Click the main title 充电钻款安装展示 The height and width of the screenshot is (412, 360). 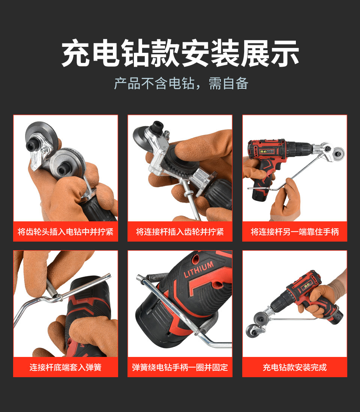180,54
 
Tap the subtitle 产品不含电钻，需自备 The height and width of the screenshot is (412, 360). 181,84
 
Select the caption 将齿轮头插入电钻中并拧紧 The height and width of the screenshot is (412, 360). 66,232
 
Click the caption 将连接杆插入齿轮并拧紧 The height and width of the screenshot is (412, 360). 180,232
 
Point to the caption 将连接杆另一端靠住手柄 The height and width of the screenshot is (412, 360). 295,232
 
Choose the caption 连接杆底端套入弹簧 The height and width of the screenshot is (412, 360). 66,367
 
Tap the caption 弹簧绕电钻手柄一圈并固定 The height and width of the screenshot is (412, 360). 180,367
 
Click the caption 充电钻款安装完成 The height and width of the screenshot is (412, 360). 295,367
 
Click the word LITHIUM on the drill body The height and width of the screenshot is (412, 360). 198,269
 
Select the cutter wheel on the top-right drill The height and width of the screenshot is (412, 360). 338,152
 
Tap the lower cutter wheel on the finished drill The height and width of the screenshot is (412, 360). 252,331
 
